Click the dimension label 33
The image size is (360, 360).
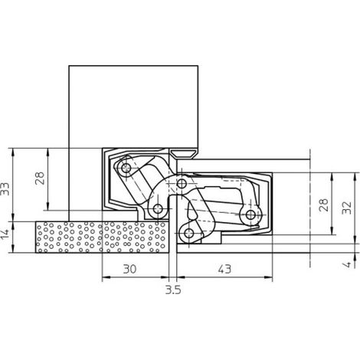click(5, 189)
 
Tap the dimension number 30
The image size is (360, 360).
click(130, 269)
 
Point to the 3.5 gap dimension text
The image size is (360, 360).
click(173, 290)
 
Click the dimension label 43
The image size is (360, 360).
click(224, 269)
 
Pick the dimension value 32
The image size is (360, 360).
click(348, 208)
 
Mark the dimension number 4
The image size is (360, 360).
click(348, 264)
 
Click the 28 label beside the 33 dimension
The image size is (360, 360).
click(40, 178)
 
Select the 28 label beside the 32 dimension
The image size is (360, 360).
click(324, 205)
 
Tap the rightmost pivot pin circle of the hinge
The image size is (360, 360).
click(250, 214)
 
